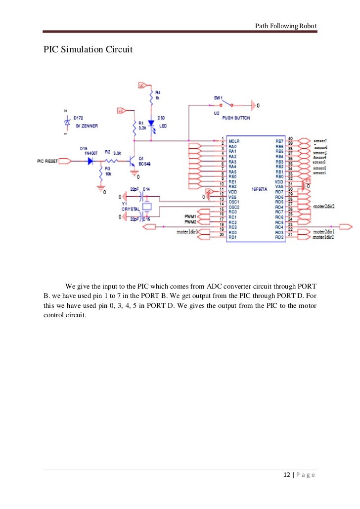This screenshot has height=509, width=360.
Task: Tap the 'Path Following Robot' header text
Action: pyautogui.click(x=286, y=26)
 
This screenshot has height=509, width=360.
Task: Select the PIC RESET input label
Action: pyautogui.click(x=48, y=161)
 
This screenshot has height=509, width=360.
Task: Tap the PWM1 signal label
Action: pyautogui.click(x=190, y=216)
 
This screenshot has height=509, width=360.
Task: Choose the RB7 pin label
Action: pyautogui.click(x=279, y=141)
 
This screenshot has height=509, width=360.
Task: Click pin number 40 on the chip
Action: pyautogui.click(x=290, y=138)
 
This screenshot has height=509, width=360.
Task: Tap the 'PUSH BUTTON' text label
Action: pyautogui.click(x=236, y=119)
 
